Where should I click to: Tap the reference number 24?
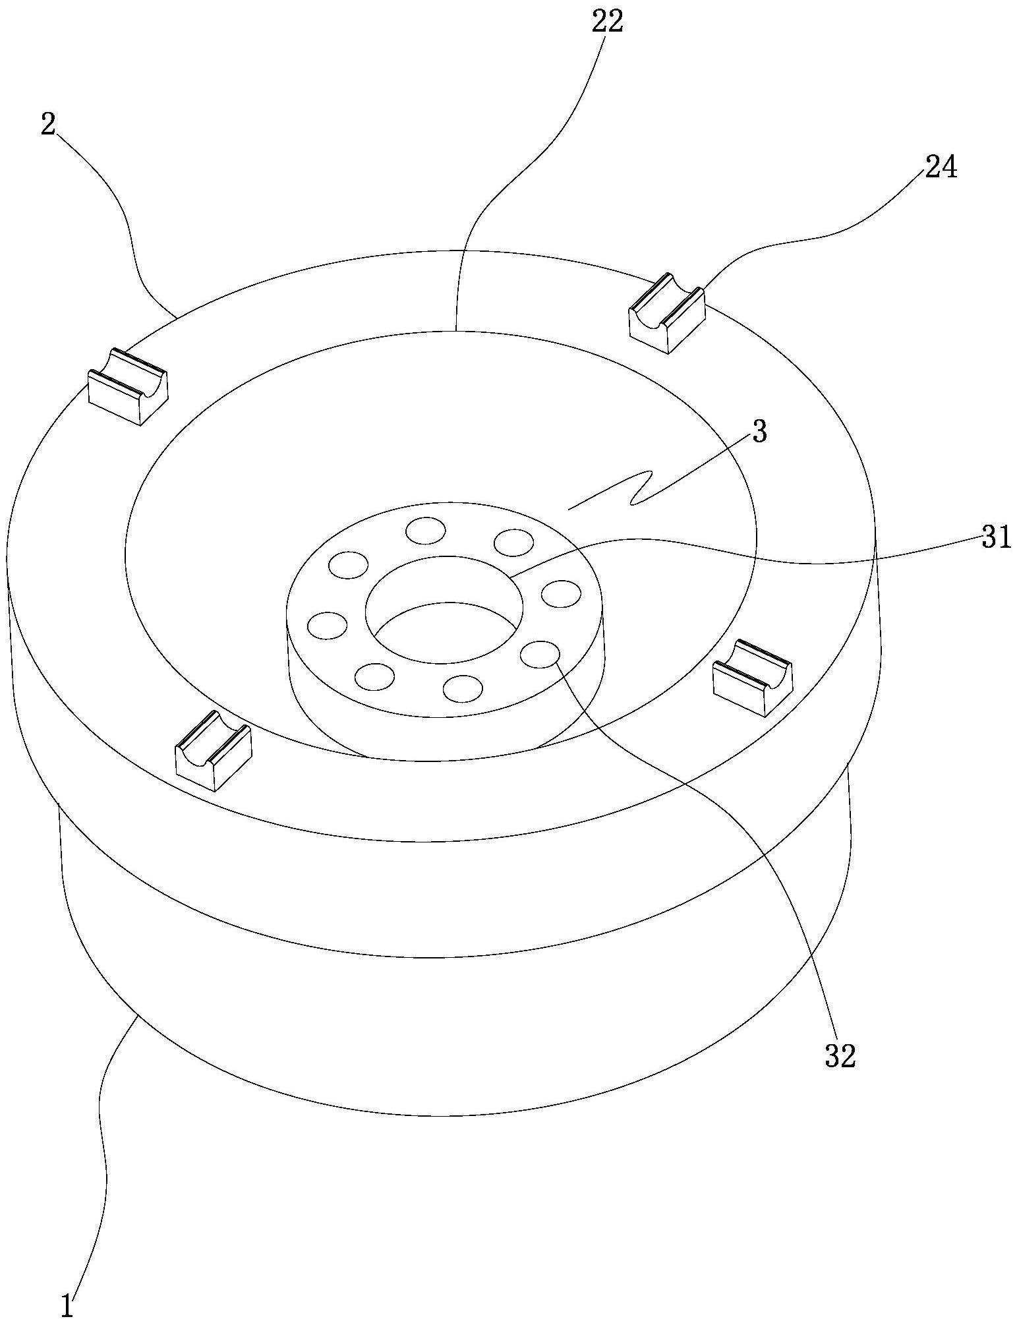(x=941, y=169)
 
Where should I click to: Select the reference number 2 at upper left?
(x=47, y=125)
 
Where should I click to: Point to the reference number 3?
(x=759, y=432)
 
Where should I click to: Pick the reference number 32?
(x=839, y=1056)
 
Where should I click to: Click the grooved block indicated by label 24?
(x=667, y=314)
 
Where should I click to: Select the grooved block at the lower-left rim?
(x=213, y=751)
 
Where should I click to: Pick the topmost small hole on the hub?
(x=425, y=530)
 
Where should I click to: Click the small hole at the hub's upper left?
(x=348, y=565)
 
